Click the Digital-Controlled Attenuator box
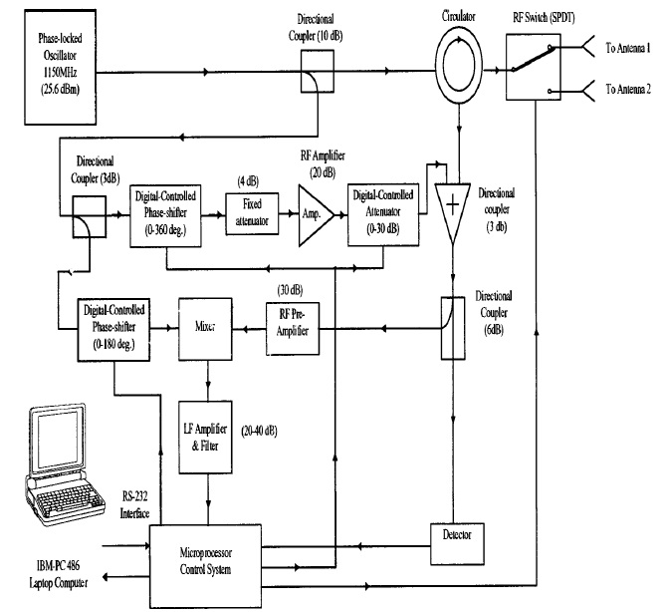coord(378,213)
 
